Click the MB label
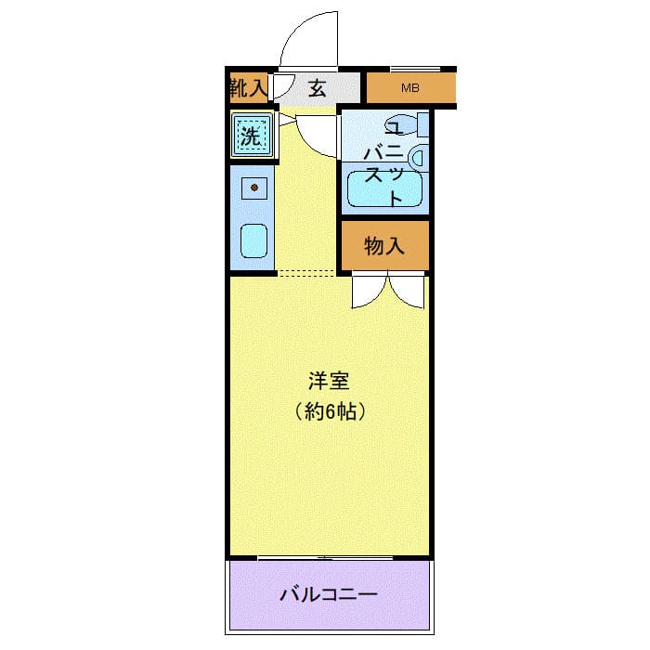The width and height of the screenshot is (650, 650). click(x=409, y=89)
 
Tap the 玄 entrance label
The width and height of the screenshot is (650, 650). click(x=317, y=89)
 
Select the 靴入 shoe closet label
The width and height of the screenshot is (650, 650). click(x=247, y=89)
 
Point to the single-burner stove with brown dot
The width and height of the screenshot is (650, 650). click(x=253, y=188)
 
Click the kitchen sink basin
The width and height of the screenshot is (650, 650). click(x=253, y=241)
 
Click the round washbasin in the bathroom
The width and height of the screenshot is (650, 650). click(x=417, y=157)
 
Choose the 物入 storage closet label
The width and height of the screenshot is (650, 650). click(x=384, y=246)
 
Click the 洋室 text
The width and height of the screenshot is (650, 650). click(x=328, y=381)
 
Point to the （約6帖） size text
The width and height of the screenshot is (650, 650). click(x=328, y=409)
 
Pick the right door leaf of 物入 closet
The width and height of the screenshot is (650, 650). click(x=408, y=291)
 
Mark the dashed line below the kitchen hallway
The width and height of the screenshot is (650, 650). click(x=306, y=274)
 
